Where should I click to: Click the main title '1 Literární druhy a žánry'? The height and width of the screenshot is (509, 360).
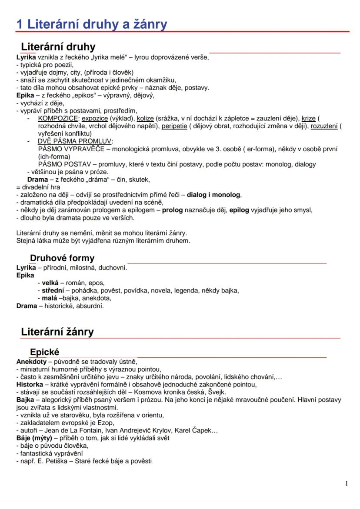coord(91,24)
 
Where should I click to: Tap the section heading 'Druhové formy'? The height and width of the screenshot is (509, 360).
coord(62,258)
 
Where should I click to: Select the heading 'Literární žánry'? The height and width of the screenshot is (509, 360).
coord(57,332)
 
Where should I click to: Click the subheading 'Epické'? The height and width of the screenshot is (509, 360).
coord(44,352)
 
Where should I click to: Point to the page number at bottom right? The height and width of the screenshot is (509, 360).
coord(346,484)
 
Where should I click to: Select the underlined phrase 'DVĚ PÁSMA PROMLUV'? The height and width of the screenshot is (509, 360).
coord(75,141)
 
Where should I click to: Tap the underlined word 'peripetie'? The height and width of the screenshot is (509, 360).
coord(174,126)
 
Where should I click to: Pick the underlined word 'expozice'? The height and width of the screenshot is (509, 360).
coord(95,118)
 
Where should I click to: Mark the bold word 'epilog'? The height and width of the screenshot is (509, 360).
coord(239,210)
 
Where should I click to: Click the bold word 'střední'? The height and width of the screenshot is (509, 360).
coord(53,290)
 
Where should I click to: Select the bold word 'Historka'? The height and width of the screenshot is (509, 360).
coord(30,384)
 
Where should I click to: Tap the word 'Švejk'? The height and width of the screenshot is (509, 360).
coord(216,392)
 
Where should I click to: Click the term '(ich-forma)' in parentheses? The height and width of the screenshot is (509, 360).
coord(54,156)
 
